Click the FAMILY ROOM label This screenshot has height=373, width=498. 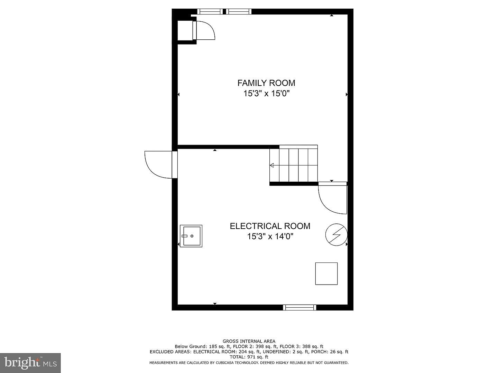coord(266,83)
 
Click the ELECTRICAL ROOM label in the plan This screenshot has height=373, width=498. coord(270,226)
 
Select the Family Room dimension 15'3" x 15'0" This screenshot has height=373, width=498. coord(267,93)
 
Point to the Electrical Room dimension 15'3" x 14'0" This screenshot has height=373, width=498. coord(270,237)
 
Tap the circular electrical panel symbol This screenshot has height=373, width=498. coord(336,235)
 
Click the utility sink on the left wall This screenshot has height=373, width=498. coord(191,236)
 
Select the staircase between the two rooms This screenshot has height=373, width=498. coord(294,165)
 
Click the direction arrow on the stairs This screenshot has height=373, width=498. coord(272,165)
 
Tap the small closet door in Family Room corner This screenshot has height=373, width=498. coord(203,30)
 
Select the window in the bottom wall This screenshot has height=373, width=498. coord(299,307)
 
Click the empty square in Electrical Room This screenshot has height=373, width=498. coord(326,274)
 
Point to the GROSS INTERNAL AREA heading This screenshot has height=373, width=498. coord(249,341)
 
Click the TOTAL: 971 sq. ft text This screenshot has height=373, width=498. coord(249,357)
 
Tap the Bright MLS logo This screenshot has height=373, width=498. coord(30,363)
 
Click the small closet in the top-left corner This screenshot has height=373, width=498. coord(185,30)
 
